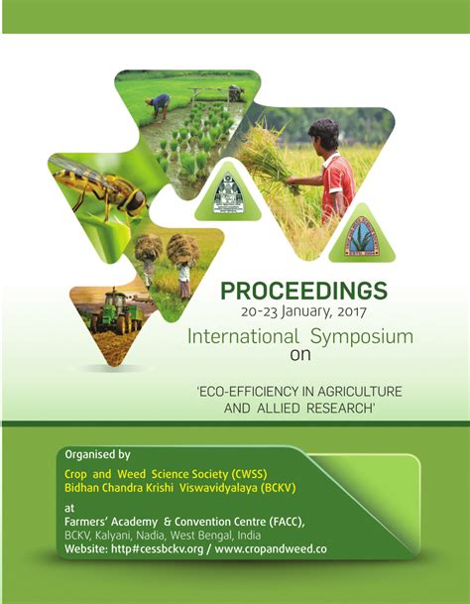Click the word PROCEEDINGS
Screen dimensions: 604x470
(x=302, y=292)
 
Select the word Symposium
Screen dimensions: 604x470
(x=367, y=336)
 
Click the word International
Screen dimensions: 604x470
(x=243, y=336)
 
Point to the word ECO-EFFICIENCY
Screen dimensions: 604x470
(x=249, y=389)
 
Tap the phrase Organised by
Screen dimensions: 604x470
(x=97, y=454)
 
